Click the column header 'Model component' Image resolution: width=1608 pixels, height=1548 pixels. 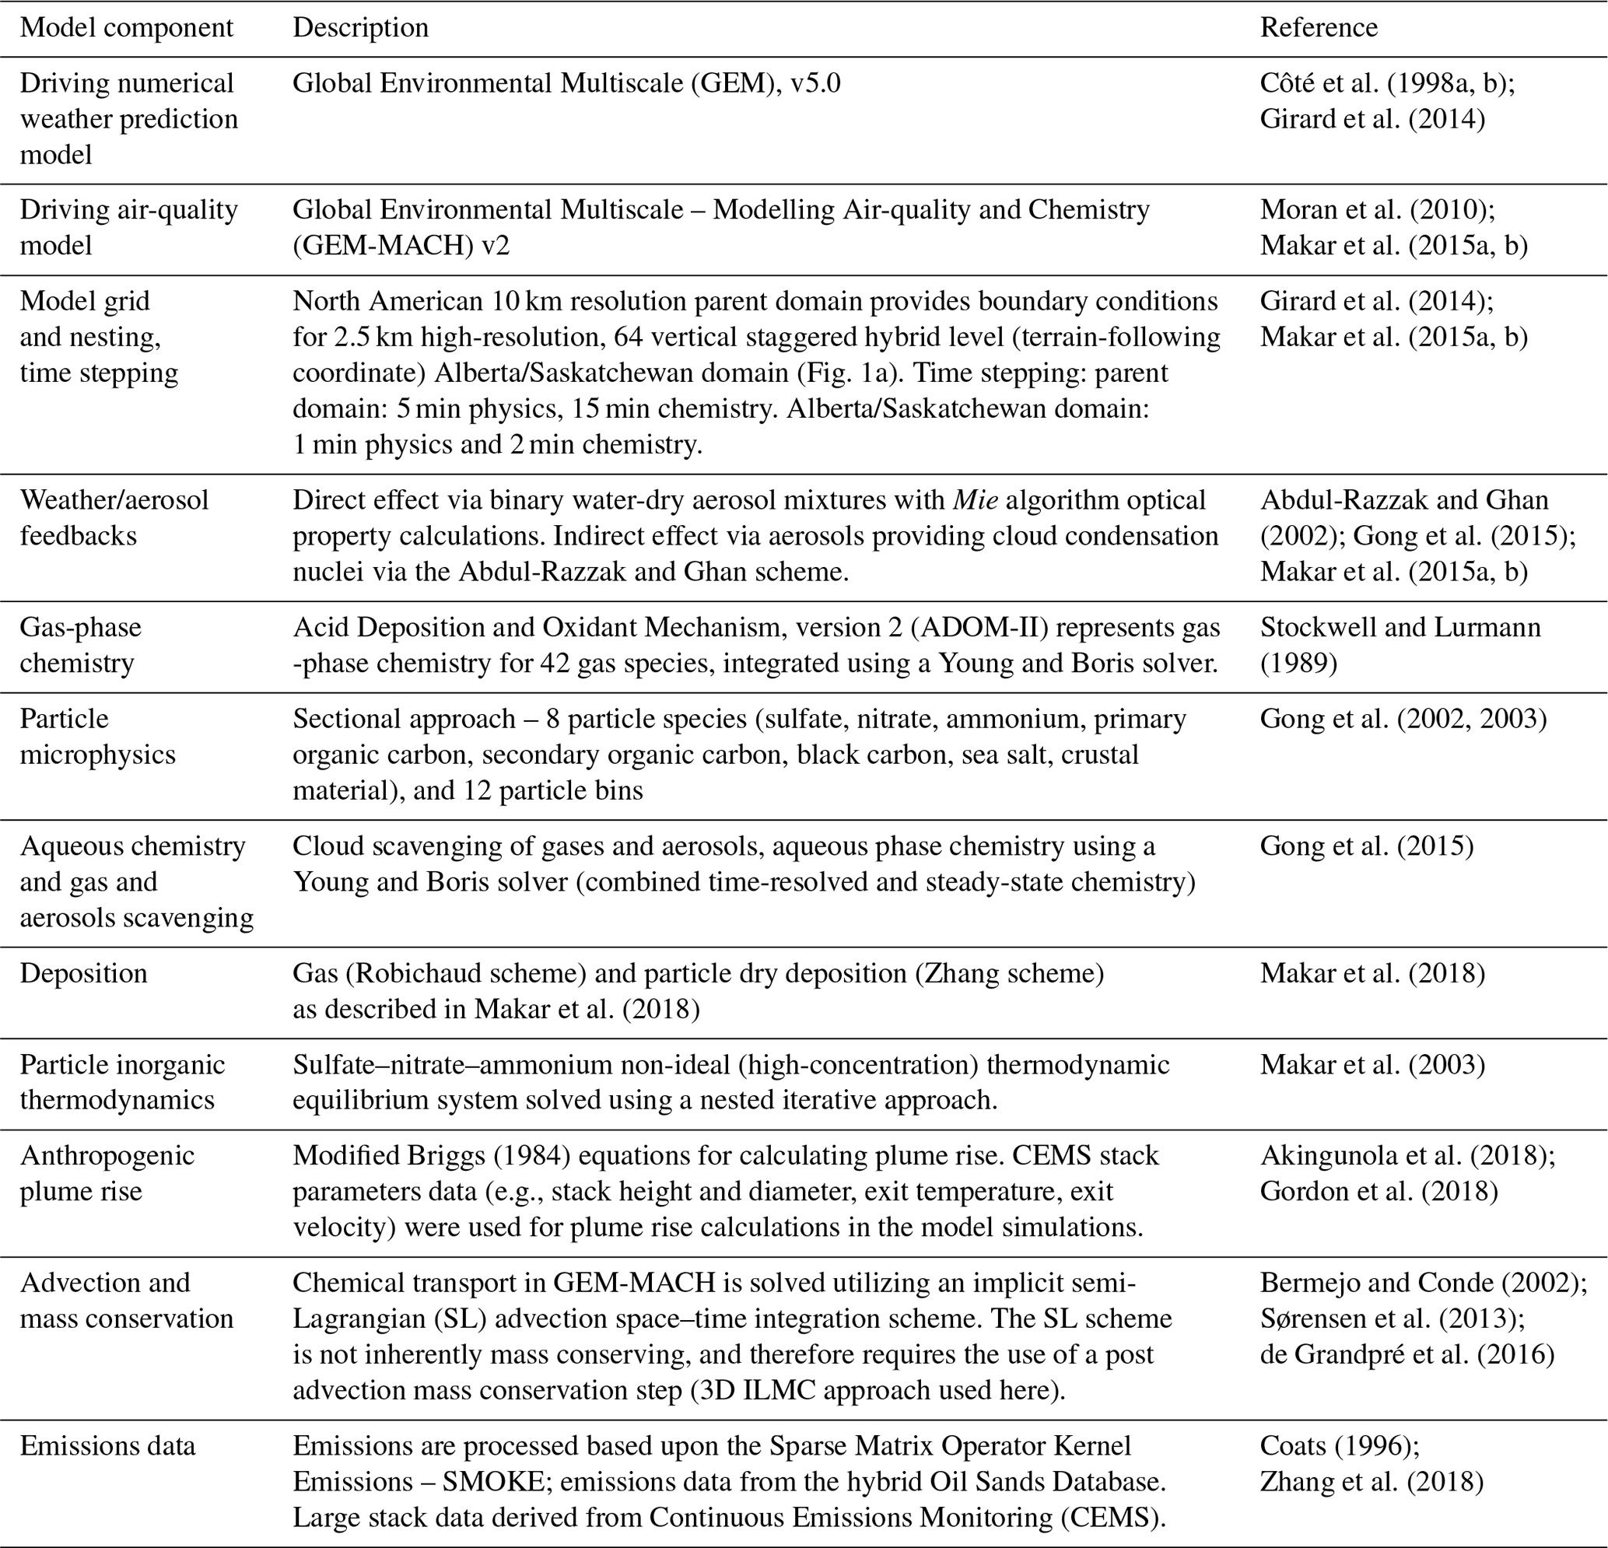pos(126,27)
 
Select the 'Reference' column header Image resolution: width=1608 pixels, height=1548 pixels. pos(1319,27)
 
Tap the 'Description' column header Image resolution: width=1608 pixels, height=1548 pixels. pos(360,27)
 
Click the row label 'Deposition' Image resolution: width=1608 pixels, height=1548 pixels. pos(83,973)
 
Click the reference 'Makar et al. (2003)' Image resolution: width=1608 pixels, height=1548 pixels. pos(1372,1064)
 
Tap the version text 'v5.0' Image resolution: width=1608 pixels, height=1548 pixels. pos(815,83)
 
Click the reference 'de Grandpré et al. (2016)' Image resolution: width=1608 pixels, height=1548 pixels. pos(1407,1354)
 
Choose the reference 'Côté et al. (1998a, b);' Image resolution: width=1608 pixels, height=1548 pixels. pos(1387,83)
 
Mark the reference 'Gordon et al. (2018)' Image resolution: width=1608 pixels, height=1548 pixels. pos(1379,1191)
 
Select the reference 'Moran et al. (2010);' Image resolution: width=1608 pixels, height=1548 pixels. pos(1378,209)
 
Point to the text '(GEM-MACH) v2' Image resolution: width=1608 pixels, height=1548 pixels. pos(401,245)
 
